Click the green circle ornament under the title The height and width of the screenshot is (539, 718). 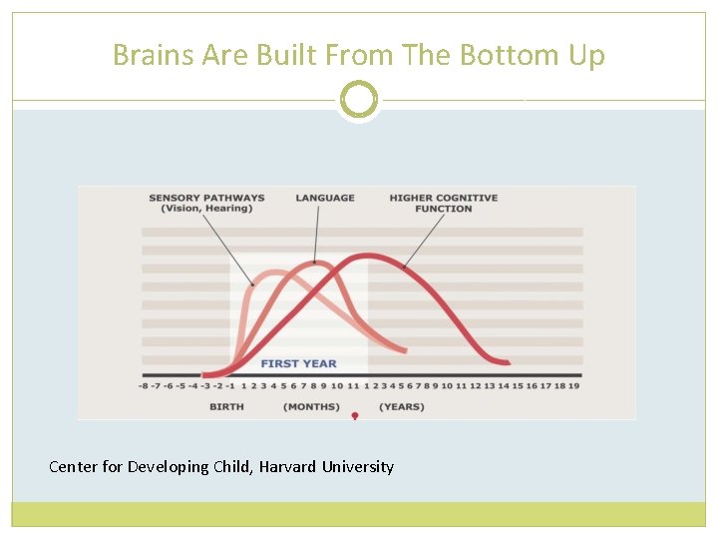point(359,100)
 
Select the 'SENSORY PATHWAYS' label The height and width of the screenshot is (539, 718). point(206,198)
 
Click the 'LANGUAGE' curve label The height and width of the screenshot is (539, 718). point(325,198)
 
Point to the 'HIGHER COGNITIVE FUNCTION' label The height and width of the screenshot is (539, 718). point(444,203)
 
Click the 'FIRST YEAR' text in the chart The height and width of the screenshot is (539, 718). point(298,363)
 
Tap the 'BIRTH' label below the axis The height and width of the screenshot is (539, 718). point(226,406)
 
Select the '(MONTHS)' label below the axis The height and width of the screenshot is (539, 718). point(311,406)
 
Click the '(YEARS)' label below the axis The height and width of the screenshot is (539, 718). point(401,406)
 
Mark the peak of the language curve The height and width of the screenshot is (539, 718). point(317,264)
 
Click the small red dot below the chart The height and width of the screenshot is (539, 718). point(354,414)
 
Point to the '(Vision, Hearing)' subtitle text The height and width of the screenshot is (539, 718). point(206,209)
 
